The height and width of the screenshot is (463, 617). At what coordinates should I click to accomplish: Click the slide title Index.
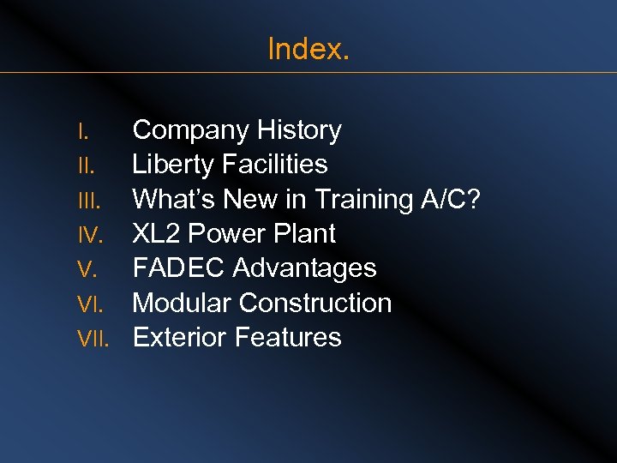[308, 49]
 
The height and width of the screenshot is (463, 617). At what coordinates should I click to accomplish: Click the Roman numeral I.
[82, 132]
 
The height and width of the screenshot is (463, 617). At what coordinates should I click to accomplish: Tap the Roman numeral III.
[88, 201]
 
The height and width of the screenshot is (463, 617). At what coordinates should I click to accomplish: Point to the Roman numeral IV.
[89, 235]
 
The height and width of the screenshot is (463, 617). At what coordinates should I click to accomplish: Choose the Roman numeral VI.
[89, 304]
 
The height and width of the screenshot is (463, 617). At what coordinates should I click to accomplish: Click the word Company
[183, 131]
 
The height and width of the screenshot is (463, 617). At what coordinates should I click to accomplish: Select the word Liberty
[175, 165]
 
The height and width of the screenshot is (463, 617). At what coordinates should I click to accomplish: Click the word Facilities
[277, 165]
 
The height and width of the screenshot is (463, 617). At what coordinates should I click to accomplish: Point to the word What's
[174, 199]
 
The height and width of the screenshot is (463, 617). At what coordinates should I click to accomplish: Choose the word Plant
[306, 233]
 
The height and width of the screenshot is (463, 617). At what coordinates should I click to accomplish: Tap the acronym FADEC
[179, 268]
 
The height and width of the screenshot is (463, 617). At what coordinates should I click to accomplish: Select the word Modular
[182, 303]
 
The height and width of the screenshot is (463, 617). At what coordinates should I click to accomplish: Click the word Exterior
[180, 337]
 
